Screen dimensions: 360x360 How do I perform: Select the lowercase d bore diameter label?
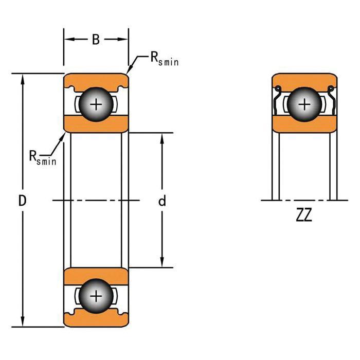(162, 201)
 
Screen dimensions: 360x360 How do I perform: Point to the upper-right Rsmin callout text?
(164, 59)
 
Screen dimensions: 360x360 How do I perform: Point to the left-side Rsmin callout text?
(42, 157)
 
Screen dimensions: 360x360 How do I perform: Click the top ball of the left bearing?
(96, 105)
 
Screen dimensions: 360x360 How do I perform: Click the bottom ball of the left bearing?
(96, 296)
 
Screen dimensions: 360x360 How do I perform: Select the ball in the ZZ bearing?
(304, 105)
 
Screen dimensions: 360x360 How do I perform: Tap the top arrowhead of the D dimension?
(23, 77)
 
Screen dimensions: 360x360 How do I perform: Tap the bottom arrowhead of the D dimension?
(23, 322)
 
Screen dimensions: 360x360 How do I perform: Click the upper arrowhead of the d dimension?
(162, 137)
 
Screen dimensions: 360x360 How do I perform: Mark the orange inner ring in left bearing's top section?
(96, 124)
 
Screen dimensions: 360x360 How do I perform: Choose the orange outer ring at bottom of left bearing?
(96, 319)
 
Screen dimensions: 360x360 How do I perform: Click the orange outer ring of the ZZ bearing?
(304, 79)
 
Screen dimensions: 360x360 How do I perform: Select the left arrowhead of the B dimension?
(67, 40)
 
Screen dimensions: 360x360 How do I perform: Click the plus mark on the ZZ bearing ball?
(304, 105)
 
